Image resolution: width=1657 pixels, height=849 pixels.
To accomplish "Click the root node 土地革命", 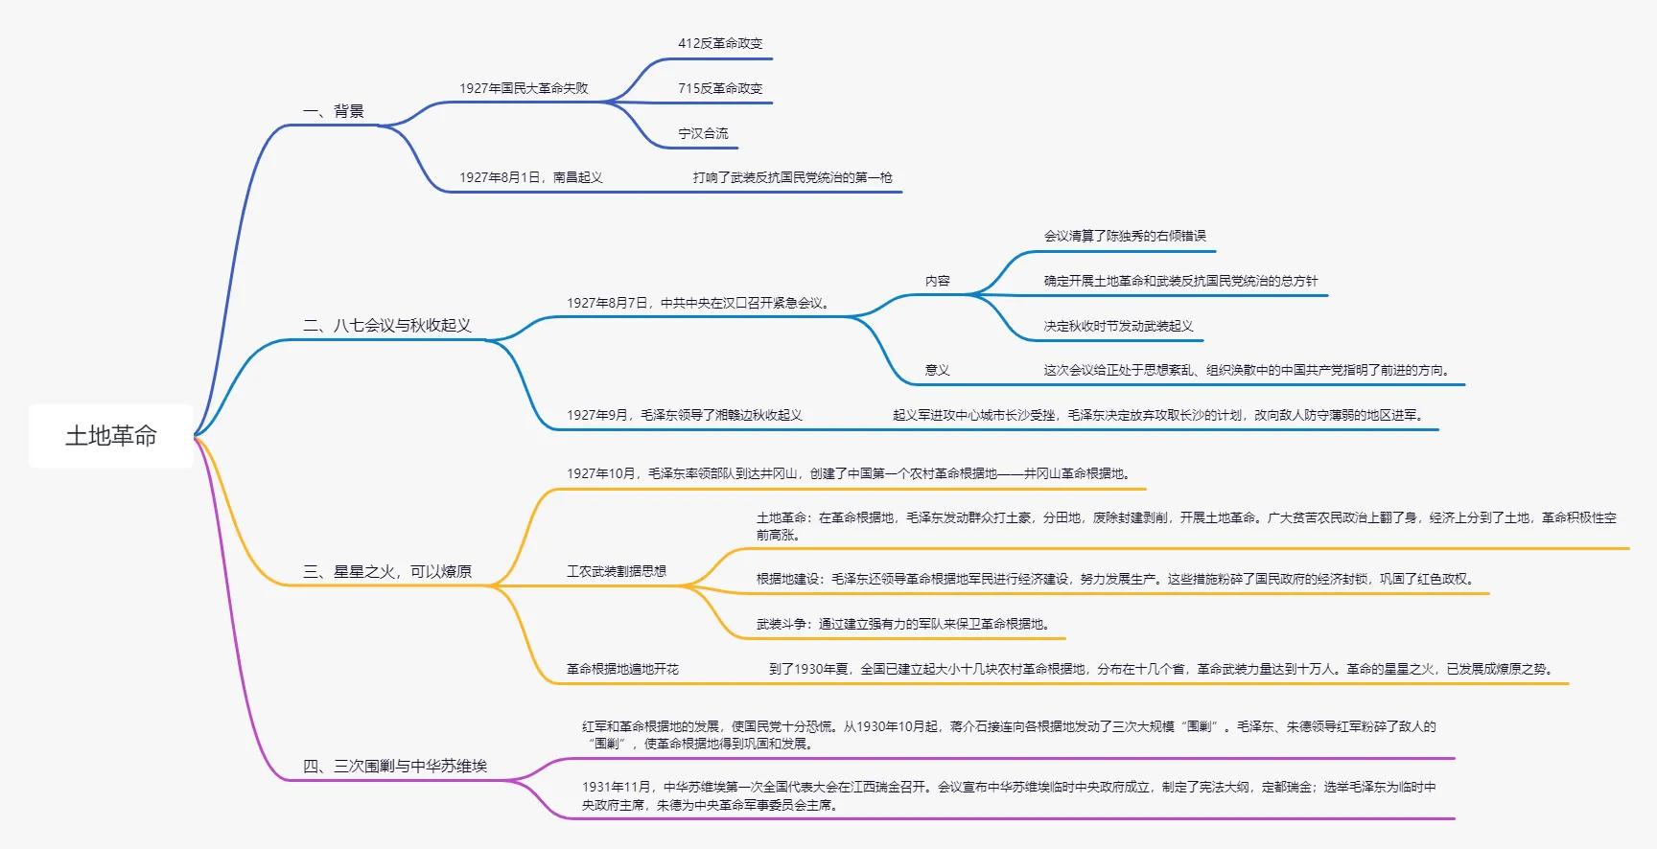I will pos(111,436).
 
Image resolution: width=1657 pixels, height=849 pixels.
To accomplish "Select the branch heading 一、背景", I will pos(334,111).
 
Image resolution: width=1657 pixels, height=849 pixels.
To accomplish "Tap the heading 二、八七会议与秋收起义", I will pos(387,325).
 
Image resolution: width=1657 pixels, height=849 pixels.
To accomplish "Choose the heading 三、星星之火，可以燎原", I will pos(387,571).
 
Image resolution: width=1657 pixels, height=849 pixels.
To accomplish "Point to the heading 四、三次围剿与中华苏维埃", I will pos(395,766).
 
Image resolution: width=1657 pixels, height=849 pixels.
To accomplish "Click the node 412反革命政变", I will pos(720,43).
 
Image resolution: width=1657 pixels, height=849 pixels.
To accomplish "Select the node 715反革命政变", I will pos(720,88).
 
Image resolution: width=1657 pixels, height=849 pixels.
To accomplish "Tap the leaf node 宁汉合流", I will pos(703,133).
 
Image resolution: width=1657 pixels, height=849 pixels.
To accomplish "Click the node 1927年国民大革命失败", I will pos(524,88).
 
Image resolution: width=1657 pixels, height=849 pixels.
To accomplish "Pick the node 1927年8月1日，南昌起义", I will pos(531,177).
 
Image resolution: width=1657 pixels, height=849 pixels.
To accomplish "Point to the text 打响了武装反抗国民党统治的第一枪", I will pos(793,177).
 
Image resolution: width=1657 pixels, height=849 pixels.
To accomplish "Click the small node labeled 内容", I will pos(938,281).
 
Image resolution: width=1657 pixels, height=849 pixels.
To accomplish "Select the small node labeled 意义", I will pos(938,370).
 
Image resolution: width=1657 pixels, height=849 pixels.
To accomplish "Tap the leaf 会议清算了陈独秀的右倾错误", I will pos(1125,236).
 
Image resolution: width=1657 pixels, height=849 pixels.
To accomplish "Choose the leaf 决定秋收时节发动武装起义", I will pos(1118,326).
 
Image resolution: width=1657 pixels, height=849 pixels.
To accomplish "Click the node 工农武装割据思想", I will pos(617,571).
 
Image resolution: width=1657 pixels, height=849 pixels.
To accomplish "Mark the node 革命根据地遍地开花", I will pos(622,669).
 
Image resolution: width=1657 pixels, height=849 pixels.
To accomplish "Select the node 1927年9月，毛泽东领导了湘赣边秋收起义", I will pos(684,415).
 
